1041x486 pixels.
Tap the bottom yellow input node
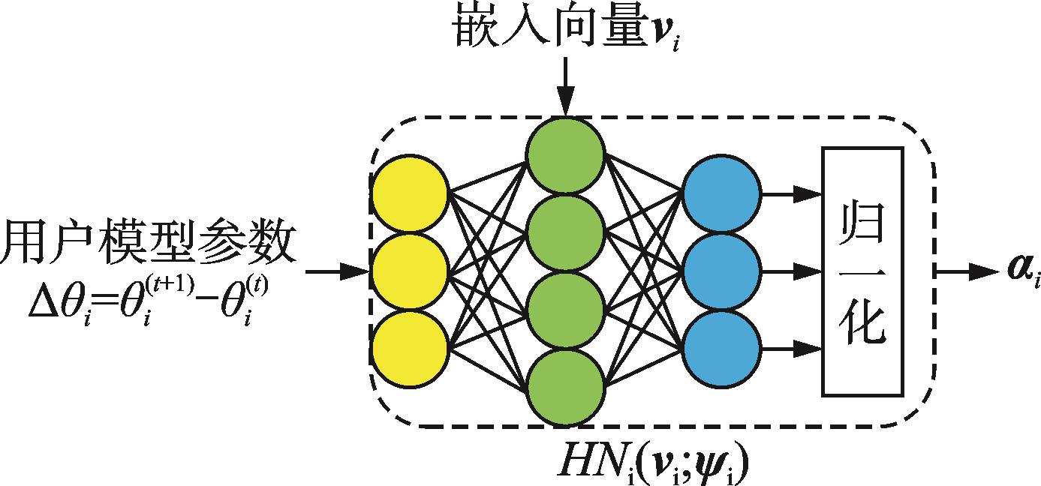[410, 351]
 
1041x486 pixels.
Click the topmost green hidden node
[565, 155]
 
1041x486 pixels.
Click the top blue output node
[722, 192]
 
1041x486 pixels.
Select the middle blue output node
[722, 270]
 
